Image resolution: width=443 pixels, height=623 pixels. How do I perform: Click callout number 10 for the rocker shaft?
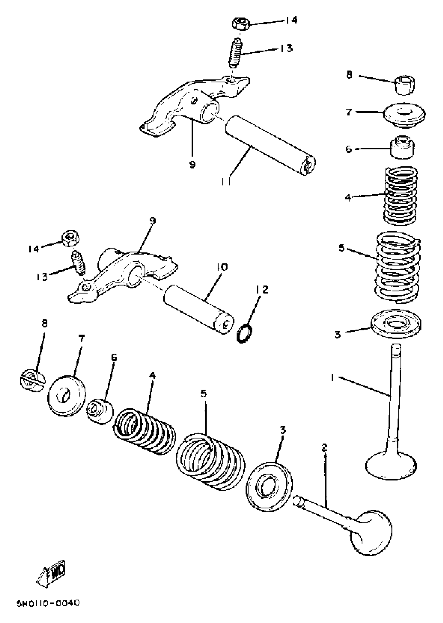click(222, 267)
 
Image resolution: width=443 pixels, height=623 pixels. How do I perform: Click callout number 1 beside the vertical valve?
click(333, 378)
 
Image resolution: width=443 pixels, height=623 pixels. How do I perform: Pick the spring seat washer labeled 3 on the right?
click(396, 324)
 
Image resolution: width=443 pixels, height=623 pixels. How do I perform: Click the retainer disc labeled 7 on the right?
click(404, 115)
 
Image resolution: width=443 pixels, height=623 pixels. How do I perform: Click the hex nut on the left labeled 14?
click(71, 239)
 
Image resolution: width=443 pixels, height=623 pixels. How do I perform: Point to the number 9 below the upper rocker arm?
click(192, 164)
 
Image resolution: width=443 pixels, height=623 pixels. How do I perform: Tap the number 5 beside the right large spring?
click(342, 248)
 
